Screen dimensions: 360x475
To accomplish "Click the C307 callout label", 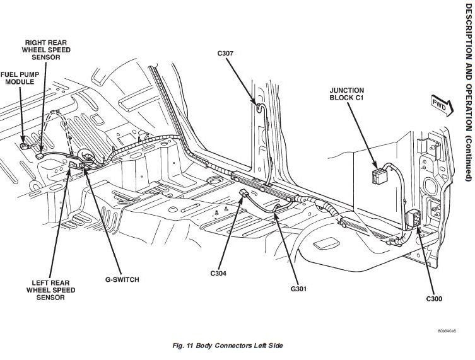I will [225, 54].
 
